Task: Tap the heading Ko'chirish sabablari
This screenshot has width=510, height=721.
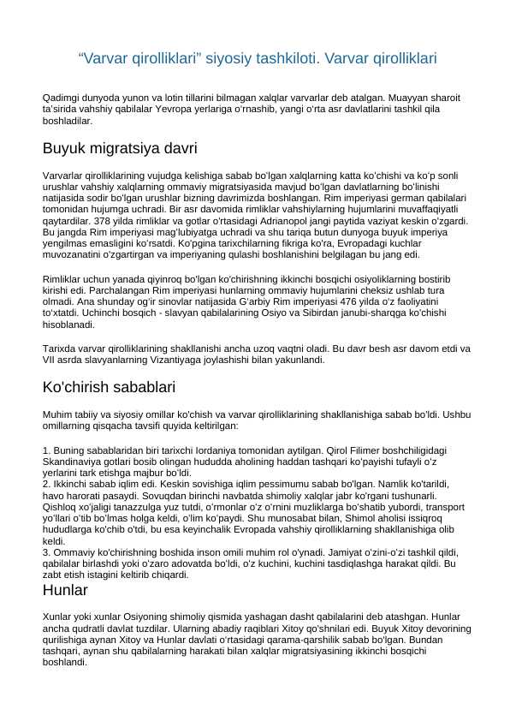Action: click(109, 387)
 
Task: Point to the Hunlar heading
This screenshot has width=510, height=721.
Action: click(65, 590)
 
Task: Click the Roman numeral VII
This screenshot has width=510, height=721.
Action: click(50, 360)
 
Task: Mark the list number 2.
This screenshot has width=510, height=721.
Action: click(45, 484)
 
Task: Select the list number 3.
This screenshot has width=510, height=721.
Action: click(45, 555)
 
